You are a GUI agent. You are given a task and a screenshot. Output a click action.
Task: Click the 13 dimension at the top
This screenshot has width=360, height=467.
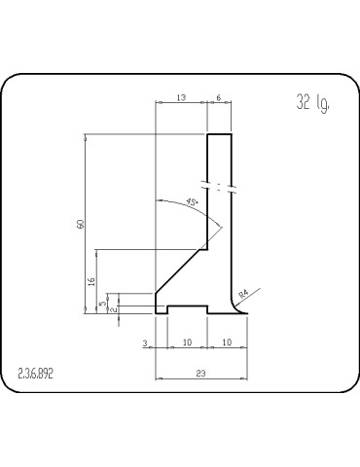[182, 97]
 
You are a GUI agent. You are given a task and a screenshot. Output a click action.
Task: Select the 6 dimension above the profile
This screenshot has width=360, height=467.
[219, 97]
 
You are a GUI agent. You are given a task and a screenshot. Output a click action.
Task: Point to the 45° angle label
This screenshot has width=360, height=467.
[192, 202]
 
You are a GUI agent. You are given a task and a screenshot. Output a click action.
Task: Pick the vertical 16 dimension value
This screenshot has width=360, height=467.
[91, 281]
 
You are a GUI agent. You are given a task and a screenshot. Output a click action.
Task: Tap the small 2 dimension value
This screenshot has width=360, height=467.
[115, 309]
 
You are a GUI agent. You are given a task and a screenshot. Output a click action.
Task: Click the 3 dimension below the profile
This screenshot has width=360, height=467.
[145, 343]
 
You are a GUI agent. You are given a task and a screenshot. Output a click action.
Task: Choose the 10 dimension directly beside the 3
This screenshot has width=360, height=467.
[187, 343]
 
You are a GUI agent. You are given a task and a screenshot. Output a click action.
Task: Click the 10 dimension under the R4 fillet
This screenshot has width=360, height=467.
[226, 343]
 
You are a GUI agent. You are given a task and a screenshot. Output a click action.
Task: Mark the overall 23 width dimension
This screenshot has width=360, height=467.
[199, 372]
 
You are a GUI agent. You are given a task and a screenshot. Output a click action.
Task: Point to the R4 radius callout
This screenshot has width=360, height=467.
[244, 291]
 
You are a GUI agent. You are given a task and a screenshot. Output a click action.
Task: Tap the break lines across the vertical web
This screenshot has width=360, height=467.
[219, 184]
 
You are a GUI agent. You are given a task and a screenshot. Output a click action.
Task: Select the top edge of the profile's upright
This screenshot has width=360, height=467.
[219, 134]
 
